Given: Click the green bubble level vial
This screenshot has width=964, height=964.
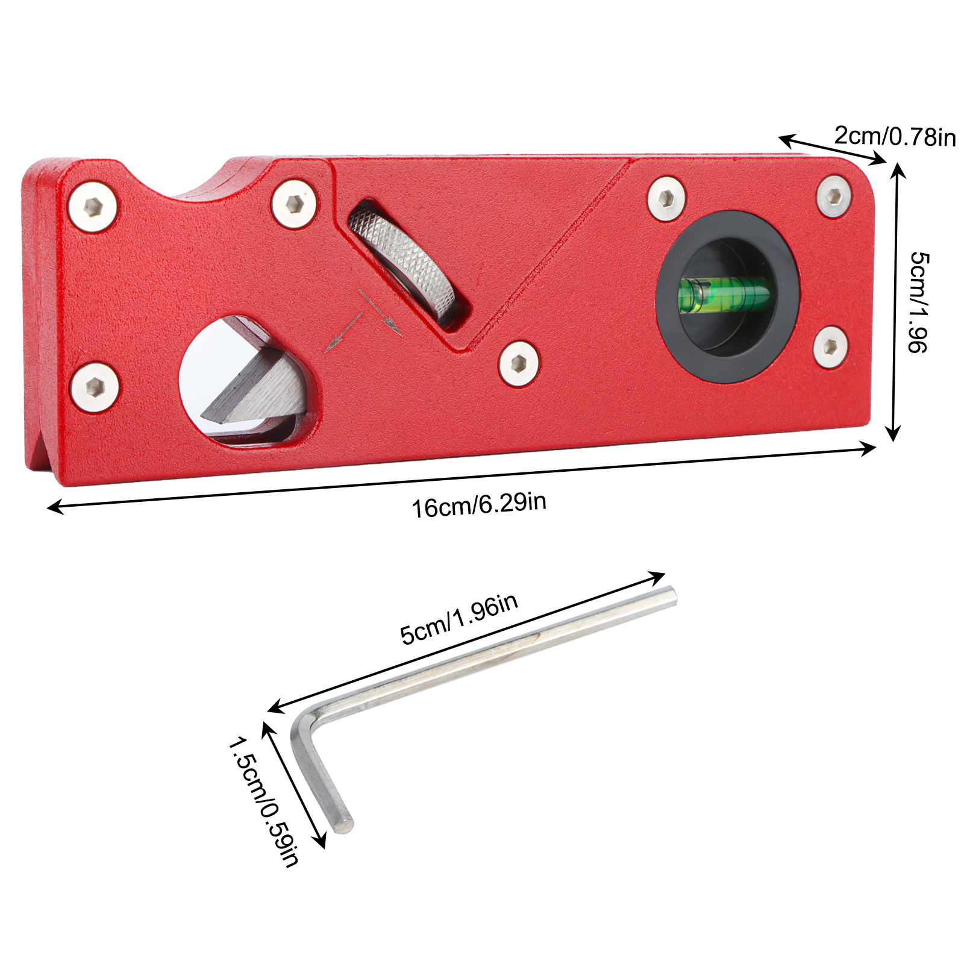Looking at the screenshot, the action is [x=725, y=295].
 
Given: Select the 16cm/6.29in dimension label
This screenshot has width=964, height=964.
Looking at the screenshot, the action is [x=479, y=504].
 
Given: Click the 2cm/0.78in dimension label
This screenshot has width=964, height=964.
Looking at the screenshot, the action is [x=895, y=136].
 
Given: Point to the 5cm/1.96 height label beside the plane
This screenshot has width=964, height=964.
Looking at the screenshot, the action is [x=918, y=302].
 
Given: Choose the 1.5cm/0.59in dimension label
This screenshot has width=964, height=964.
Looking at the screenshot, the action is [x=263, y=802].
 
